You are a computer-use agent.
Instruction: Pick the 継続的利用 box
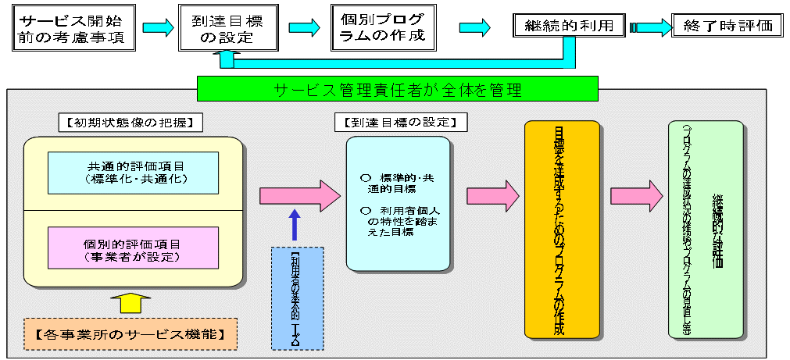(x=570, y=26)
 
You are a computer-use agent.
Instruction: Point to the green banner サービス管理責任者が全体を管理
(x=398, y=89)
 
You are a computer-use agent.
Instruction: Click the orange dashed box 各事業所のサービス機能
(x=130, y=334)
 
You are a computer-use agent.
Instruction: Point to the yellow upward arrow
(x=133, y=305)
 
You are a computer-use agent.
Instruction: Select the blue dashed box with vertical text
(x=295, y=298)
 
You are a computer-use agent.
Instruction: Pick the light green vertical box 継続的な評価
(x=706, y=230)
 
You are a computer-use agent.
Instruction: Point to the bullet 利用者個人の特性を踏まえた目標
(x=399, y=223)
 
